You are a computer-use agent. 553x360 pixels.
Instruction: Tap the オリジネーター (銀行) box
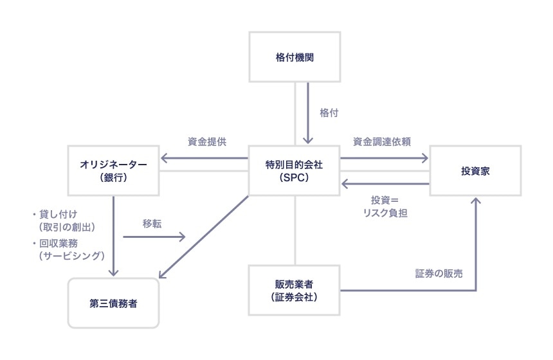114,170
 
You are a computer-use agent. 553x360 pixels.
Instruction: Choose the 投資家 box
475,170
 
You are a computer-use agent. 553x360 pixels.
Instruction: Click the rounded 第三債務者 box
113,303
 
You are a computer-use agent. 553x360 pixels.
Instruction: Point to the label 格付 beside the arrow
329,113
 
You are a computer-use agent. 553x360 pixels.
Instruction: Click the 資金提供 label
206,141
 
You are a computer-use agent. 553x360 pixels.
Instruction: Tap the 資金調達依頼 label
382,141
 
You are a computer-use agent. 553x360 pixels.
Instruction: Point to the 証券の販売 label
439,273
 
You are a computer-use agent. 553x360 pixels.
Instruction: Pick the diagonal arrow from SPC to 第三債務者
203,238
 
